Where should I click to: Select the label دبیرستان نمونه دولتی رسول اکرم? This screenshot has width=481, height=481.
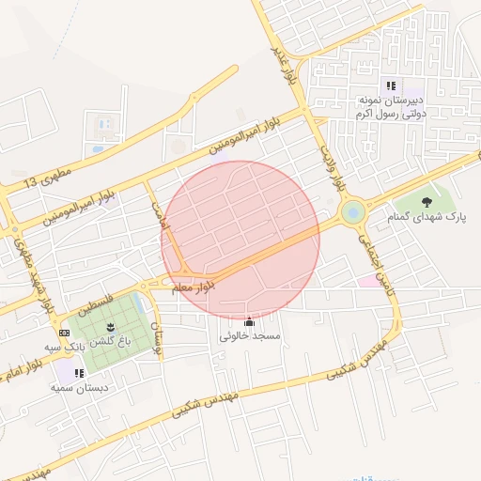point(391,105)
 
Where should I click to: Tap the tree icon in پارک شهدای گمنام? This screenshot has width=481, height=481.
point(427,200)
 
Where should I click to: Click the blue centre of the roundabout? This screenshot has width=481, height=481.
point(353,213)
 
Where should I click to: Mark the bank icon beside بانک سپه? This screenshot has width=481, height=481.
point(64,333)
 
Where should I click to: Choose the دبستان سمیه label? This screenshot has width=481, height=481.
point(80,386)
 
